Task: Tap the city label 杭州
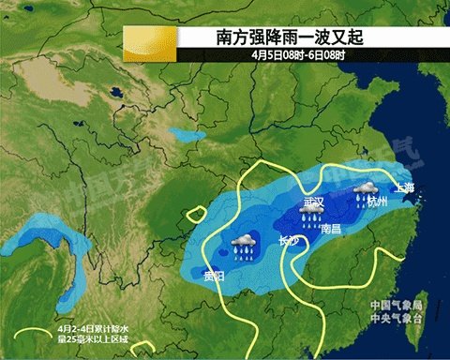coord(376,202)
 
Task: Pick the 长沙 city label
coord(289,241)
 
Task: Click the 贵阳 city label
coord(214,276)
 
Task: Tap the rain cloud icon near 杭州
coord(364,191)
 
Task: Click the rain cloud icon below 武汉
coord(309,217)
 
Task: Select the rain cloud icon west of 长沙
coord(246,245)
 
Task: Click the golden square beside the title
coord(150,44)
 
